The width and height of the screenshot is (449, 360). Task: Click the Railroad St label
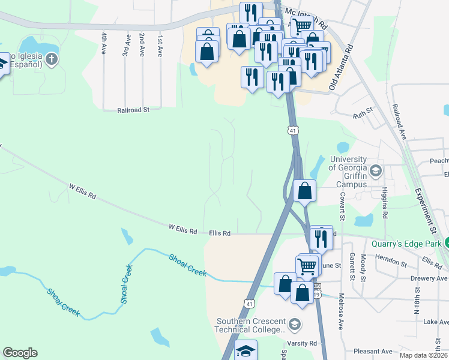point(133,110)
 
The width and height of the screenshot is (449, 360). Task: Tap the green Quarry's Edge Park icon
point(447,243)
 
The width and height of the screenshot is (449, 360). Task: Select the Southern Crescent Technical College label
point(250,325)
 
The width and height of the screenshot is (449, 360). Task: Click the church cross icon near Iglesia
point(52,59)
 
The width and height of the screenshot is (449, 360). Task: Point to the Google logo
point(20,353)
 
